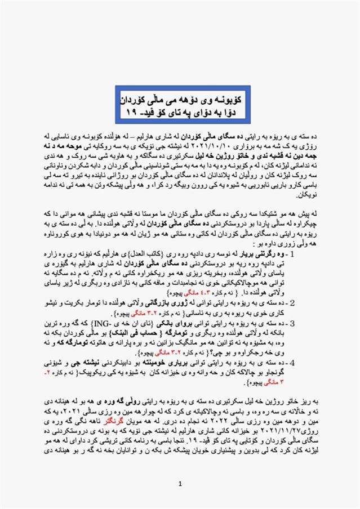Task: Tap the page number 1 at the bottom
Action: point(180,484)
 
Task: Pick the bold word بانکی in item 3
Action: point(208,325)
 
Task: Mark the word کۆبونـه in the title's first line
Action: point(220,96)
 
